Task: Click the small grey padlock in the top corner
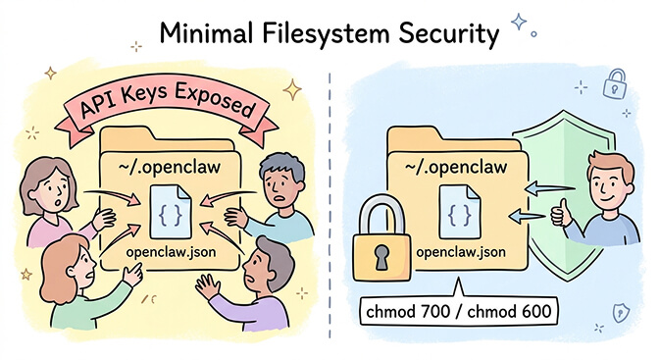point(616,81)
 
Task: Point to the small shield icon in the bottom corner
point(621,312)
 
